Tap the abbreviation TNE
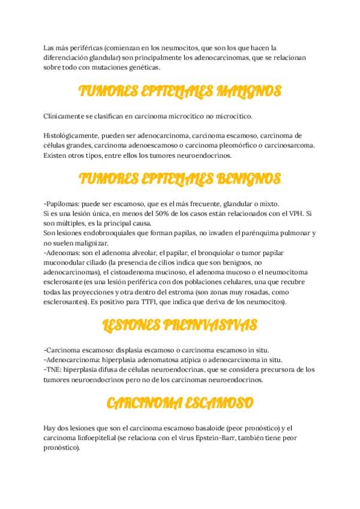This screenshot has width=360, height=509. click(x=53, y=370)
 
